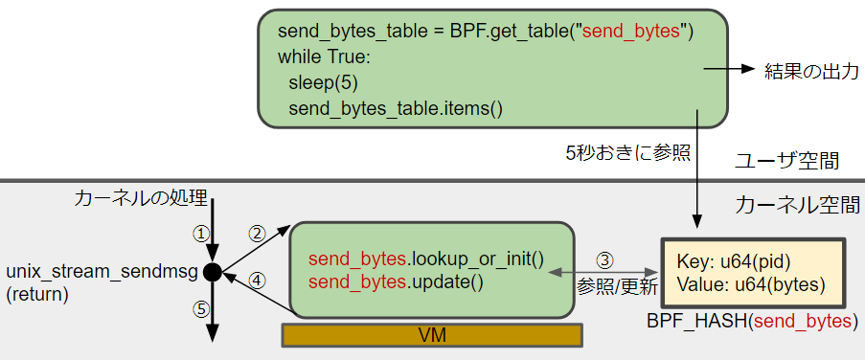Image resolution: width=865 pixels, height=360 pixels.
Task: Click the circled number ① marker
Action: click(200, 233)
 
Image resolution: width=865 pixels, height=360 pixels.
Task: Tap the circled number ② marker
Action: click(256, 233)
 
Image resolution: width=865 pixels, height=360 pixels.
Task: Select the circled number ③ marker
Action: click(605, 259)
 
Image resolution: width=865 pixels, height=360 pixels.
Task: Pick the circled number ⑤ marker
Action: click(200, 310)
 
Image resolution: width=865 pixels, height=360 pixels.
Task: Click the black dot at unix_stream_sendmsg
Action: click(213, 273)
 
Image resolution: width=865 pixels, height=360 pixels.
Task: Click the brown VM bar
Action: click(432, 335)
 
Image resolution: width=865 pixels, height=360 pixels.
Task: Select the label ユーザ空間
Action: click(787, 160)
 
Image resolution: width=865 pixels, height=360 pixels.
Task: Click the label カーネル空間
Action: click(797, 204)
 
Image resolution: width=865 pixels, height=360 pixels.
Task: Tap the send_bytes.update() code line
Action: click(396, 281)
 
